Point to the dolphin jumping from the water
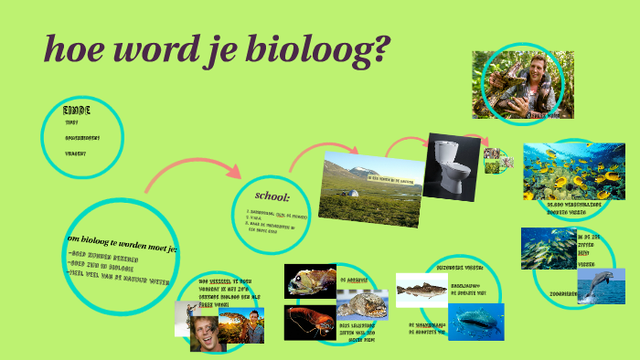[601, 286]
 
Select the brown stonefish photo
[362, 304]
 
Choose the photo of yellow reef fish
[573, 172]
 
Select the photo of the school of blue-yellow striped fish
[548, 248]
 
